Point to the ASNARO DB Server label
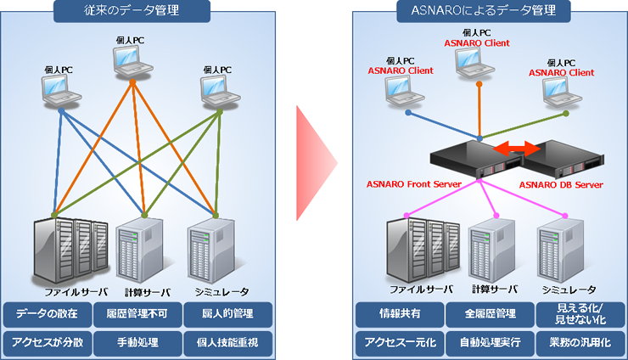[x=561, y=183]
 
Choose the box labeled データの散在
[x=48, y=314]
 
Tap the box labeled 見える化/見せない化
[x=580, y=314]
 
